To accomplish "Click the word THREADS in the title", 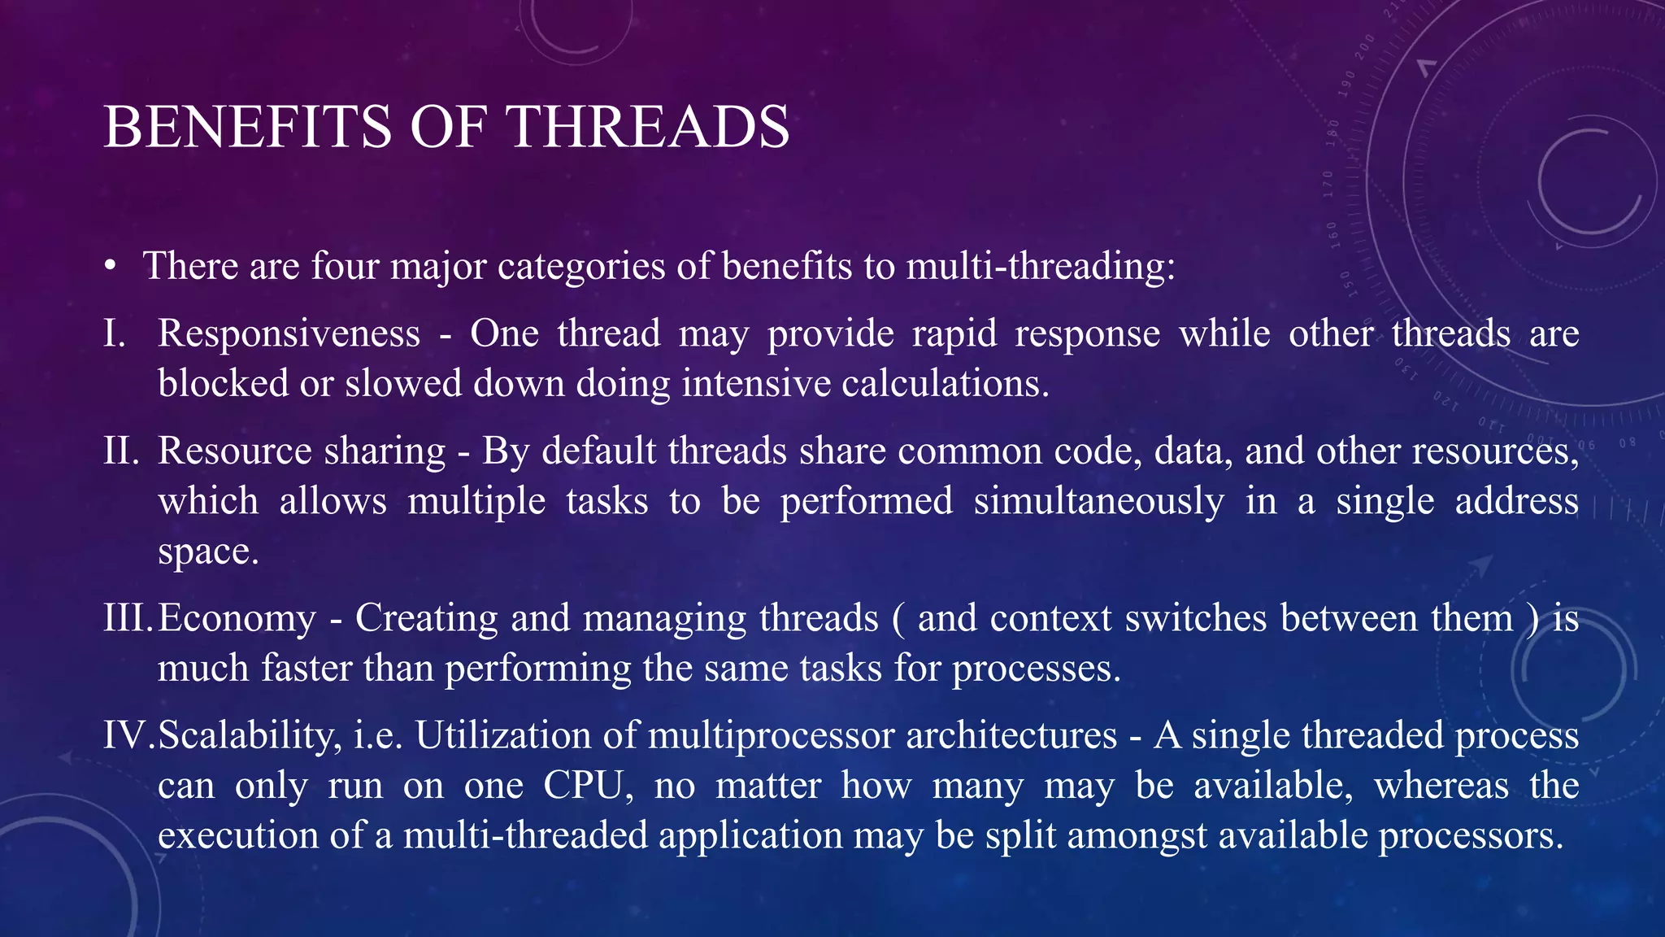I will [x=647, y=127].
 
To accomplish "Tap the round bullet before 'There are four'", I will [x=111, y=266].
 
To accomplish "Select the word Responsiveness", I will [x=289, y=333].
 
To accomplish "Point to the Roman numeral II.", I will [x=121, y=451].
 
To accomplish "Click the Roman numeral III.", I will [x=127, y=618].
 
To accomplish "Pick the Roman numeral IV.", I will [x=127, y=735].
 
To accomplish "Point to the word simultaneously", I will [x=1098, y=502].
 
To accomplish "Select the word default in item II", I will [x=598, y=451].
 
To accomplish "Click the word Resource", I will [x=235, y=451].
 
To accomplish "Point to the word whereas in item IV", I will [x=1441, y=786].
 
